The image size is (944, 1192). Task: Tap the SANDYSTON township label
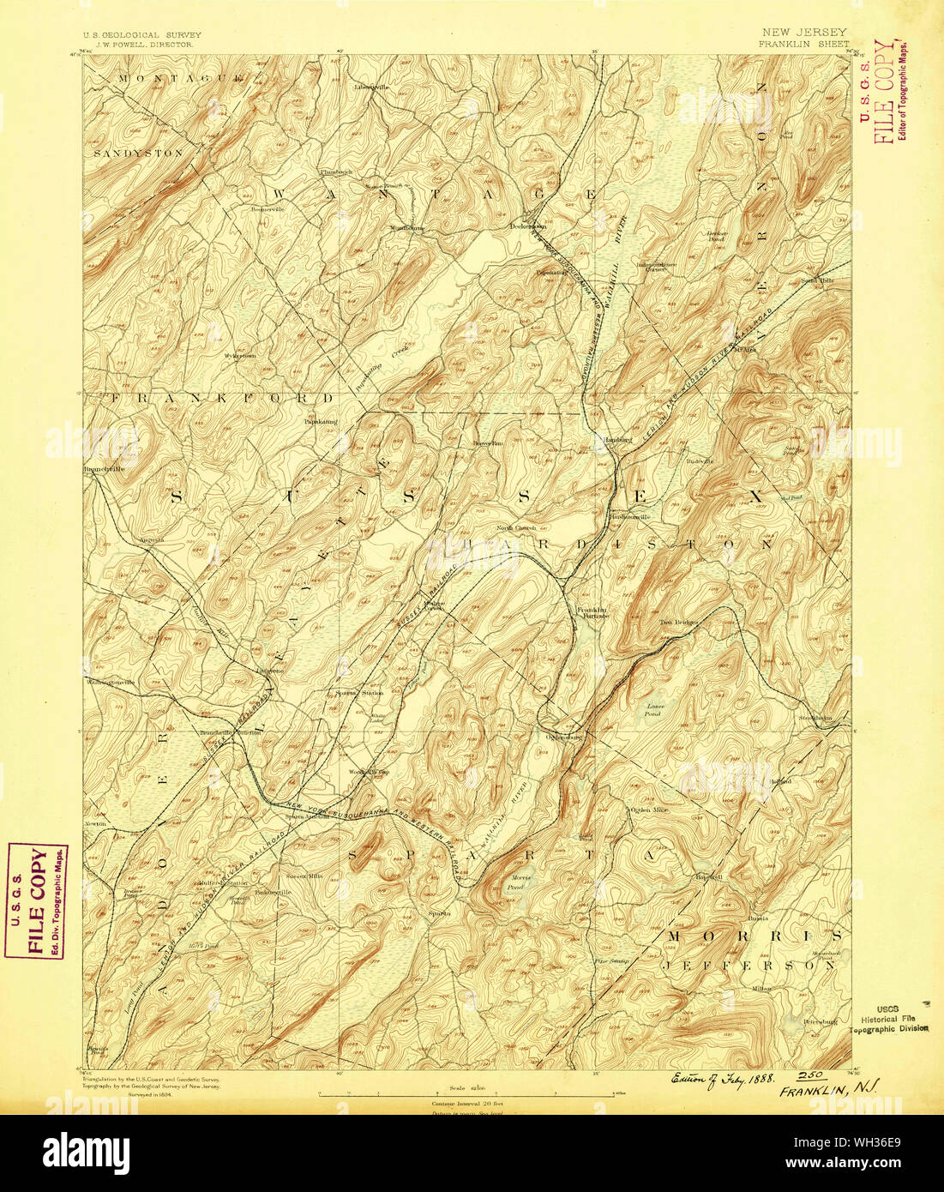pos(139,153)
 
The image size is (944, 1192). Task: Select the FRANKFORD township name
pos(221,399)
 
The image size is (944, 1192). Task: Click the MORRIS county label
pos(755,935)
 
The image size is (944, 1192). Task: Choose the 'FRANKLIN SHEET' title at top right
pos(803,43)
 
